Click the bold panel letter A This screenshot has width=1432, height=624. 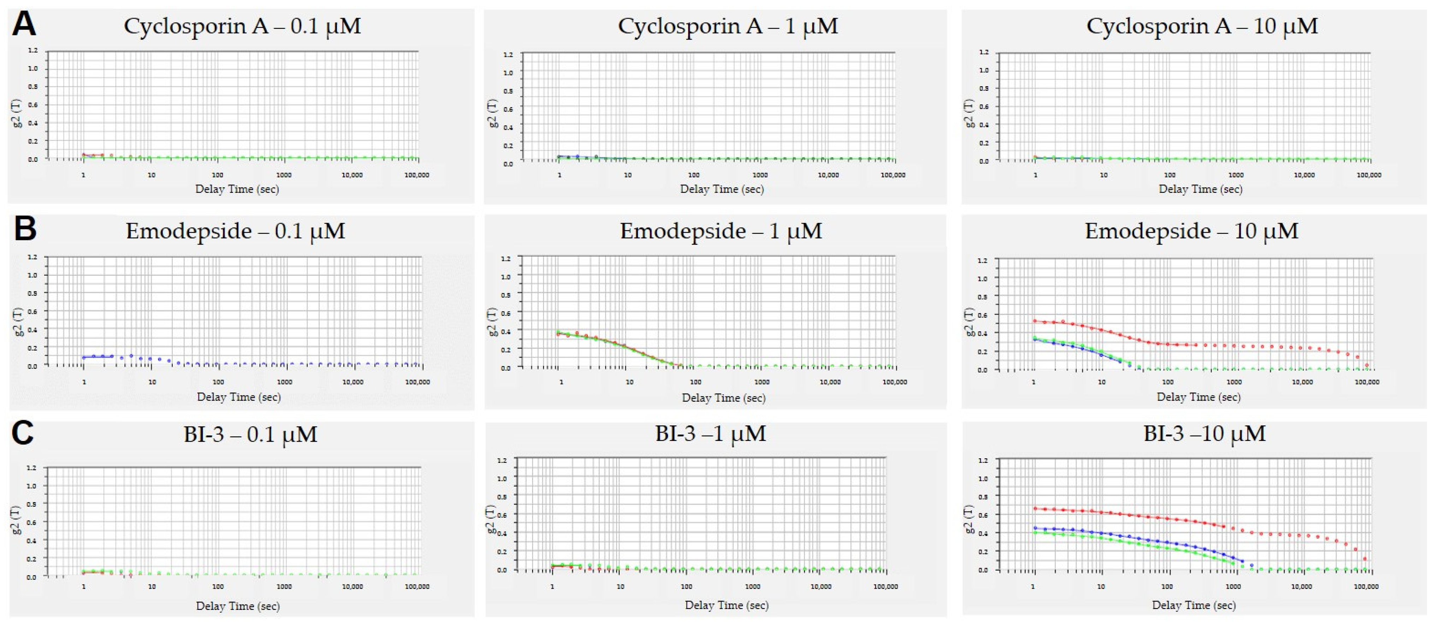click(x=24, y=25)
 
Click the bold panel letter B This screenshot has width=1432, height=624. click(x=25, y=229)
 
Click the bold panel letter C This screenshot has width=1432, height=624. click(x=23, y=433)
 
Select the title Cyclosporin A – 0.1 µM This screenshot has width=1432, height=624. click(x=242, y=26)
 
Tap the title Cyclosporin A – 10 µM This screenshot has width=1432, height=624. click(x=1202, y=26)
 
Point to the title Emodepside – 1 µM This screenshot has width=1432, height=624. click(x=721, y=231)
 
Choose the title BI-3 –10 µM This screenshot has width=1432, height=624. click(x=1204, y=433)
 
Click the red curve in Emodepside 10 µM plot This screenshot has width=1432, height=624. click(x=1112, y=332)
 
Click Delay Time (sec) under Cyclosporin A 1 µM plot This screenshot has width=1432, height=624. click(x=722, y=189)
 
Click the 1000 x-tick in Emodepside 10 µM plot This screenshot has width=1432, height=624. click(x=1234, y=382)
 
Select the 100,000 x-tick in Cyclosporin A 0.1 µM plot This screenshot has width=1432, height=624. click(x=416, y=175)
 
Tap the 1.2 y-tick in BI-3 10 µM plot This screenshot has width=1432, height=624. click(x=983, y=460)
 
